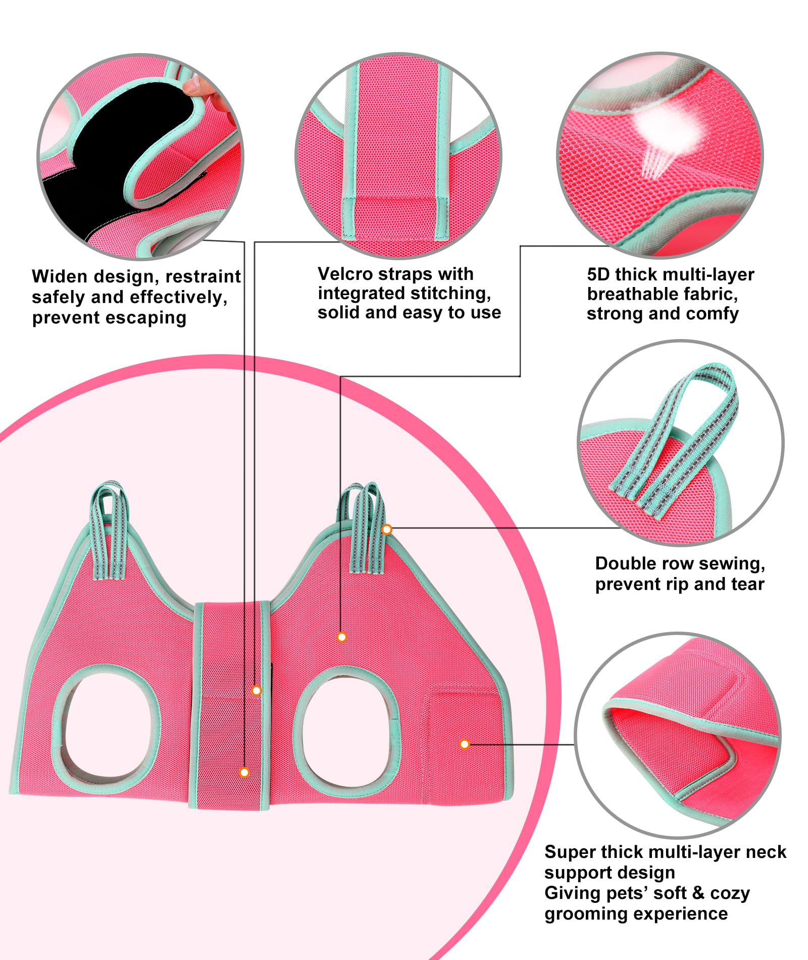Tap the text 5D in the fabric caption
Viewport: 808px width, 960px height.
click(598, 275)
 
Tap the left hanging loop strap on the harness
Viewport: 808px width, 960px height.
click(108, 531)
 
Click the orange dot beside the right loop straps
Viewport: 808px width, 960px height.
click(387, 530)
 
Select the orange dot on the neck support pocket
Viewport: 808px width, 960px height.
click(465, 744)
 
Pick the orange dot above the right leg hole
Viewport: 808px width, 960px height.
click(342, 637)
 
